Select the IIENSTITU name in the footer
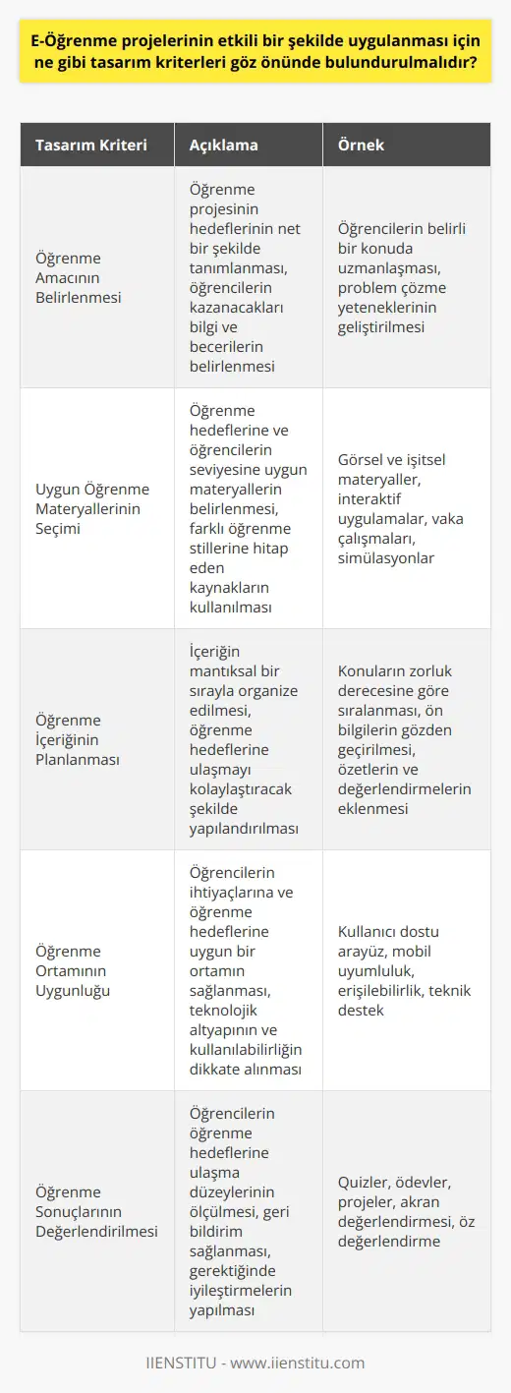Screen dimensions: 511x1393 (x=183, y=1363)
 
